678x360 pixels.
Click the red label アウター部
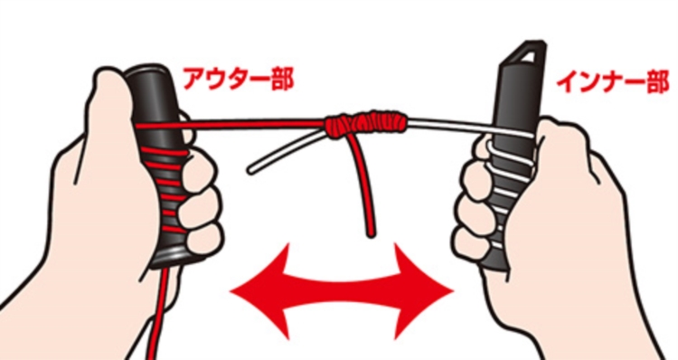(x=238, y=80)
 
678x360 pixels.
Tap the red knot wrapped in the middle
(x=366, y=124)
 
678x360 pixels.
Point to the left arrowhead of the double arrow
(x=259, y=290)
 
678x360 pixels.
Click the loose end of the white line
(x=250, y=170)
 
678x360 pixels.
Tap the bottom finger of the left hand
(x=203, y=242)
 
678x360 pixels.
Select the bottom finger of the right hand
(x=471, y=243)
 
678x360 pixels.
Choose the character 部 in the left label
(x=281, y=80)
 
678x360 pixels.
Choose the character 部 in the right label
(x=656, y=82)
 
